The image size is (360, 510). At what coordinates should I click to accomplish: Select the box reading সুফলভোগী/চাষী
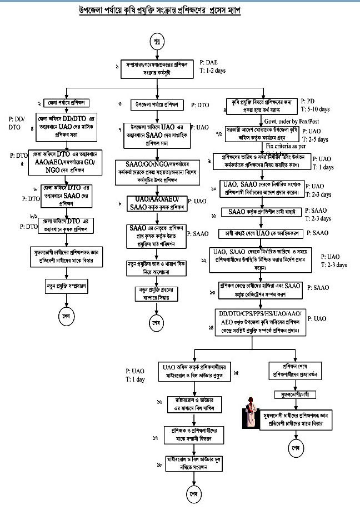[x=294, y=393]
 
